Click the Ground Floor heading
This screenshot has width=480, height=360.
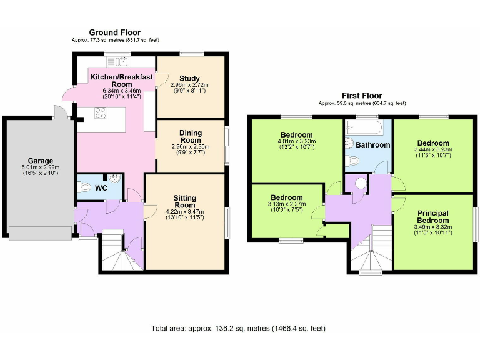(x=114, y=32)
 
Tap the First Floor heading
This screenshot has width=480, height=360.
(x=362, y=96)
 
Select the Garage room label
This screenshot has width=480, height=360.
(x=40, y=161)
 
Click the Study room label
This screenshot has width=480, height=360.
(x=189, y=78)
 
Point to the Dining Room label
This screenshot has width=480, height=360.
(x=190, y=137)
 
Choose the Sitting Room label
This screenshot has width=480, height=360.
(x=184, y=201)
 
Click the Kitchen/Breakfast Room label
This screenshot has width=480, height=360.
(x=112, y=80)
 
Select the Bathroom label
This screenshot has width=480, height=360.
(x=373, y=145)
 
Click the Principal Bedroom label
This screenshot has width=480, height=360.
(x=433, y=217)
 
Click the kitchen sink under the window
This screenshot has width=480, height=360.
(x=117, y=61)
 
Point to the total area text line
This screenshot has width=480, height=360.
(x=238, y=328)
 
